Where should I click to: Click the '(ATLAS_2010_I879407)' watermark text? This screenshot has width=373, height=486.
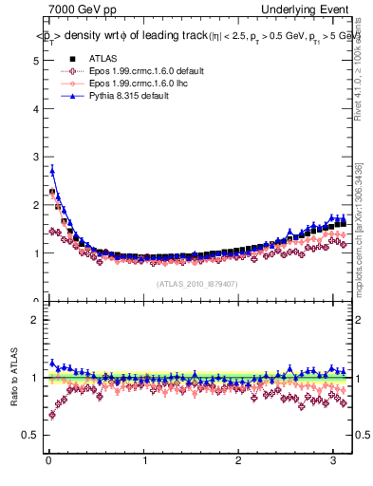[x=196, y=283]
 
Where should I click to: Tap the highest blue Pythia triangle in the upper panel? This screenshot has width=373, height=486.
[x=52, y=170]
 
